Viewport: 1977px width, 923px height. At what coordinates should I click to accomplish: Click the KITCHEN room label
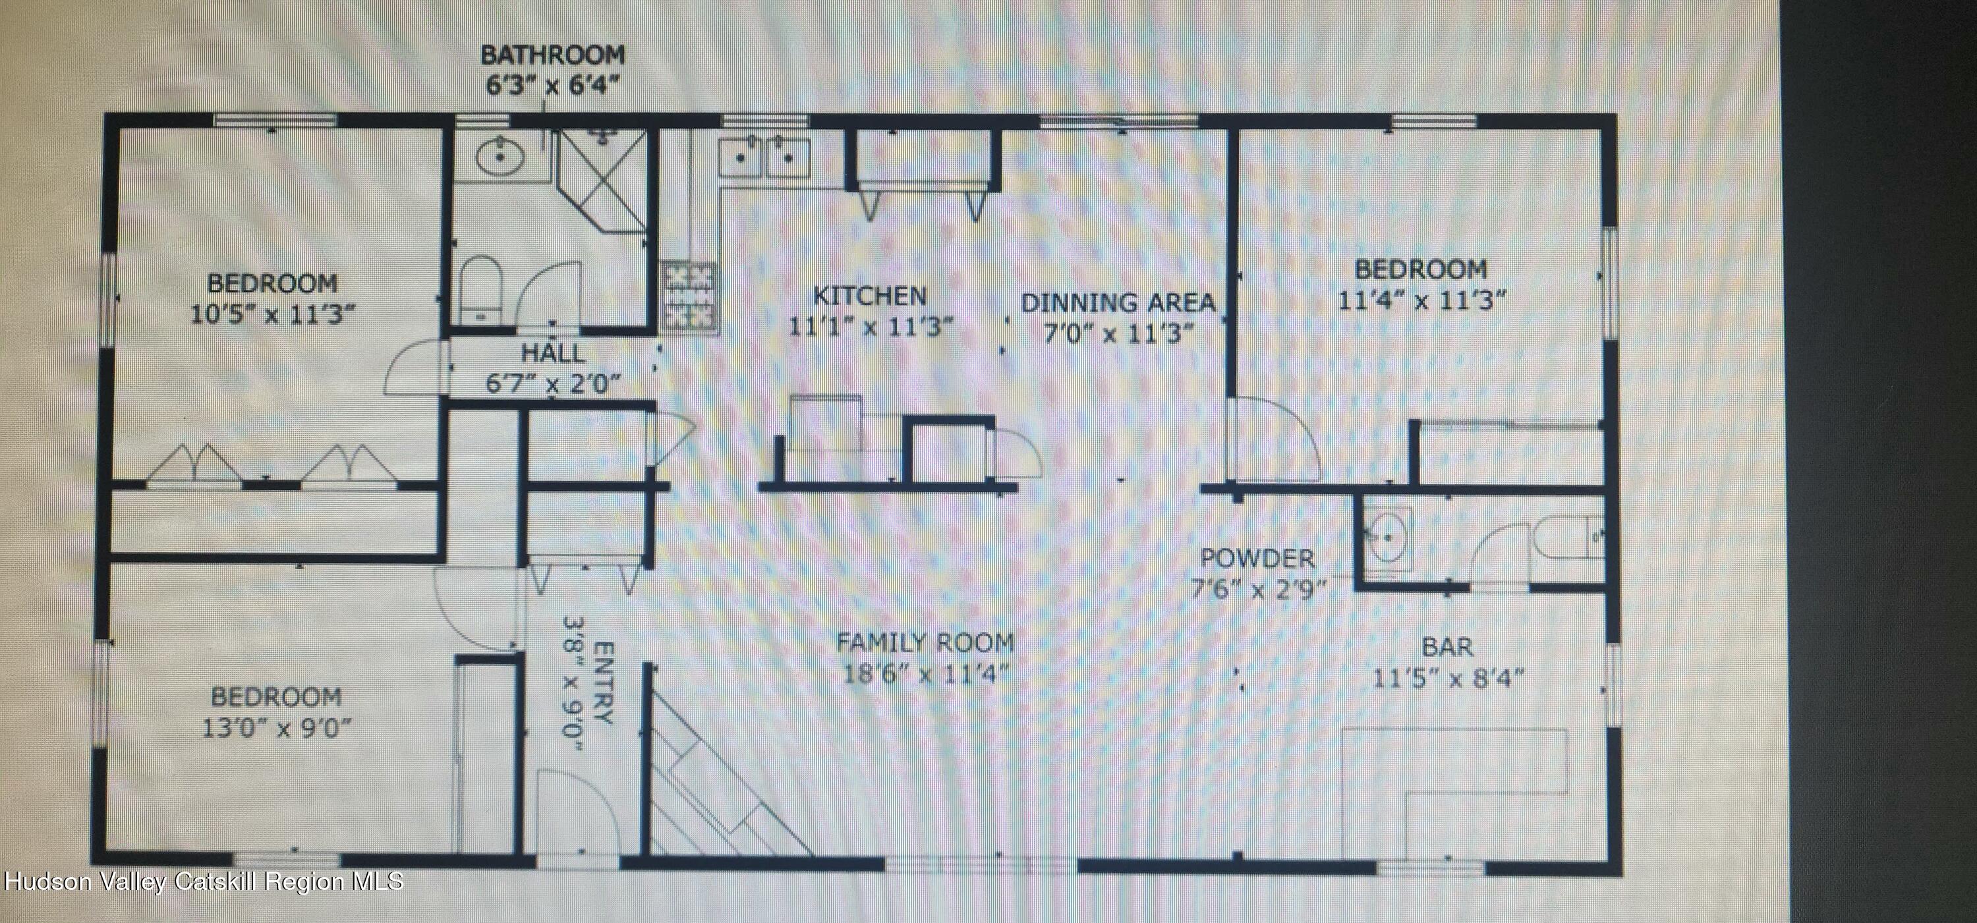(x=869, y=295)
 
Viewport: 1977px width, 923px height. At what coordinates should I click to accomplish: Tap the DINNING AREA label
(x=1118, y=302)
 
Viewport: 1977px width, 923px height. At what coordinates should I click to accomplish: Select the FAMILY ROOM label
(x=925, y=642)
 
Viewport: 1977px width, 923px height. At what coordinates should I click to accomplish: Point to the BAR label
(x=1447, y=647)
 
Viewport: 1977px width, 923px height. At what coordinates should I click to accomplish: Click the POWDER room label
(x=1257, y=558)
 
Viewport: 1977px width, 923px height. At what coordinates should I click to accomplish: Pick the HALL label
(x=553, y=354)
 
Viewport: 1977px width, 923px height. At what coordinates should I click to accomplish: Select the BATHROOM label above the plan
(x=553, y=55)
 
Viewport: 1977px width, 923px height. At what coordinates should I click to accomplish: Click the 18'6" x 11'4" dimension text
(x=925, y=675)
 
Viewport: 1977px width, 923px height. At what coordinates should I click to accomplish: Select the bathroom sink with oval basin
(x=500, y=159)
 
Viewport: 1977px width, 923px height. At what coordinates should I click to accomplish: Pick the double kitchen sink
(x=764, y=159)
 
